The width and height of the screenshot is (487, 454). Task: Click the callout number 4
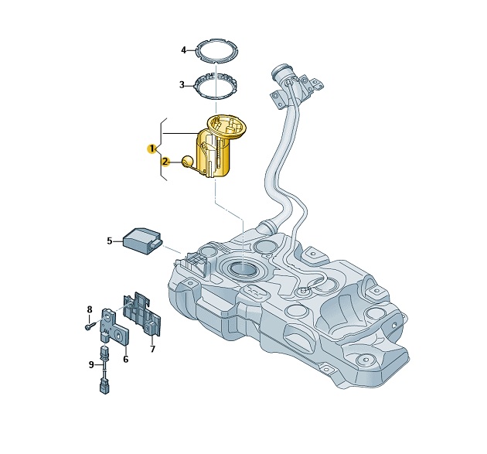point(183,49)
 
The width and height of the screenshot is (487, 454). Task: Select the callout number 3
point(182,84)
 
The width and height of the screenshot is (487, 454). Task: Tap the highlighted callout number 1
point(152,148)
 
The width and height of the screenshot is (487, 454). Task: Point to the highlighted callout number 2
point(165,162)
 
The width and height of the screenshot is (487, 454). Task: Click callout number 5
point(109,241)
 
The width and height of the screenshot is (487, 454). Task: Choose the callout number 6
point(125,359)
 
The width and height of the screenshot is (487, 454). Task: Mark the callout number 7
point(152,350)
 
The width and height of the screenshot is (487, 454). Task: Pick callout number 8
point(90,309)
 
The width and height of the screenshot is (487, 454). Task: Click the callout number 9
point(91,364)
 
